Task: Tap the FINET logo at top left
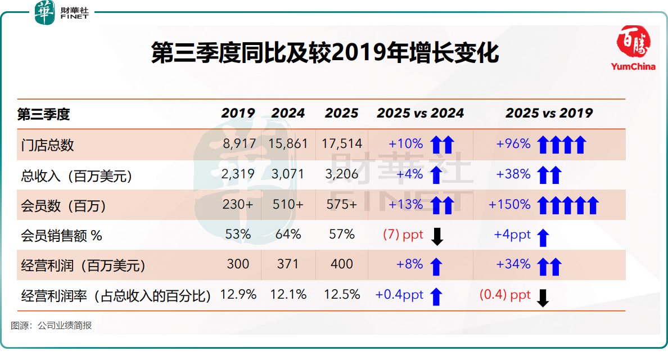[x=62, y=12]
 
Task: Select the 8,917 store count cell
[x=238, y=144]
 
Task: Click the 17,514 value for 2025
[x=342, y=144]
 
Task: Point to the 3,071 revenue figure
[x=288, y=174]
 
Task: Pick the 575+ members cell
[x=342, y=205]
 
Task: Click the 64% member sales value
[x=288, y=235]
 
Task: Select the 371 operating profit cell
[x=288, y=264]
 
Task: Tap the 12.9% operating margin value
[x=238, y=294]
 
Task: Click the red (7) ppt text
[x=403, y=235]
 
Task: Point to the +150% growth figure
[x=509, y=205]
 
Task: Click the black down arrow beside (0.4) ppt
[x=543, y=298]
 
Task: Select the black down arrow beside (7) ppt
[x=437, y=237]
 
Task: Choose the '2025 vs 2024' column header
[x=420, y=113]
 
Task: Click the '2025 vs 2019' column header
[x=549, y=113]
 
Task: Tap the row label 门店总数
[x=47, y=145]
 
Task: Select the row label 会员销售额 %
[x=61, y=236]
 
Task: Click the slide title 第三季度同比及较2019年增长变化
[x=325, y=55]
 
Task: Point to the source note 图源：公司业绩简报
[x=51, y=326]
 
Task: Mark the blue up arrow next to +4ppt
[x=543, y=237]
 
